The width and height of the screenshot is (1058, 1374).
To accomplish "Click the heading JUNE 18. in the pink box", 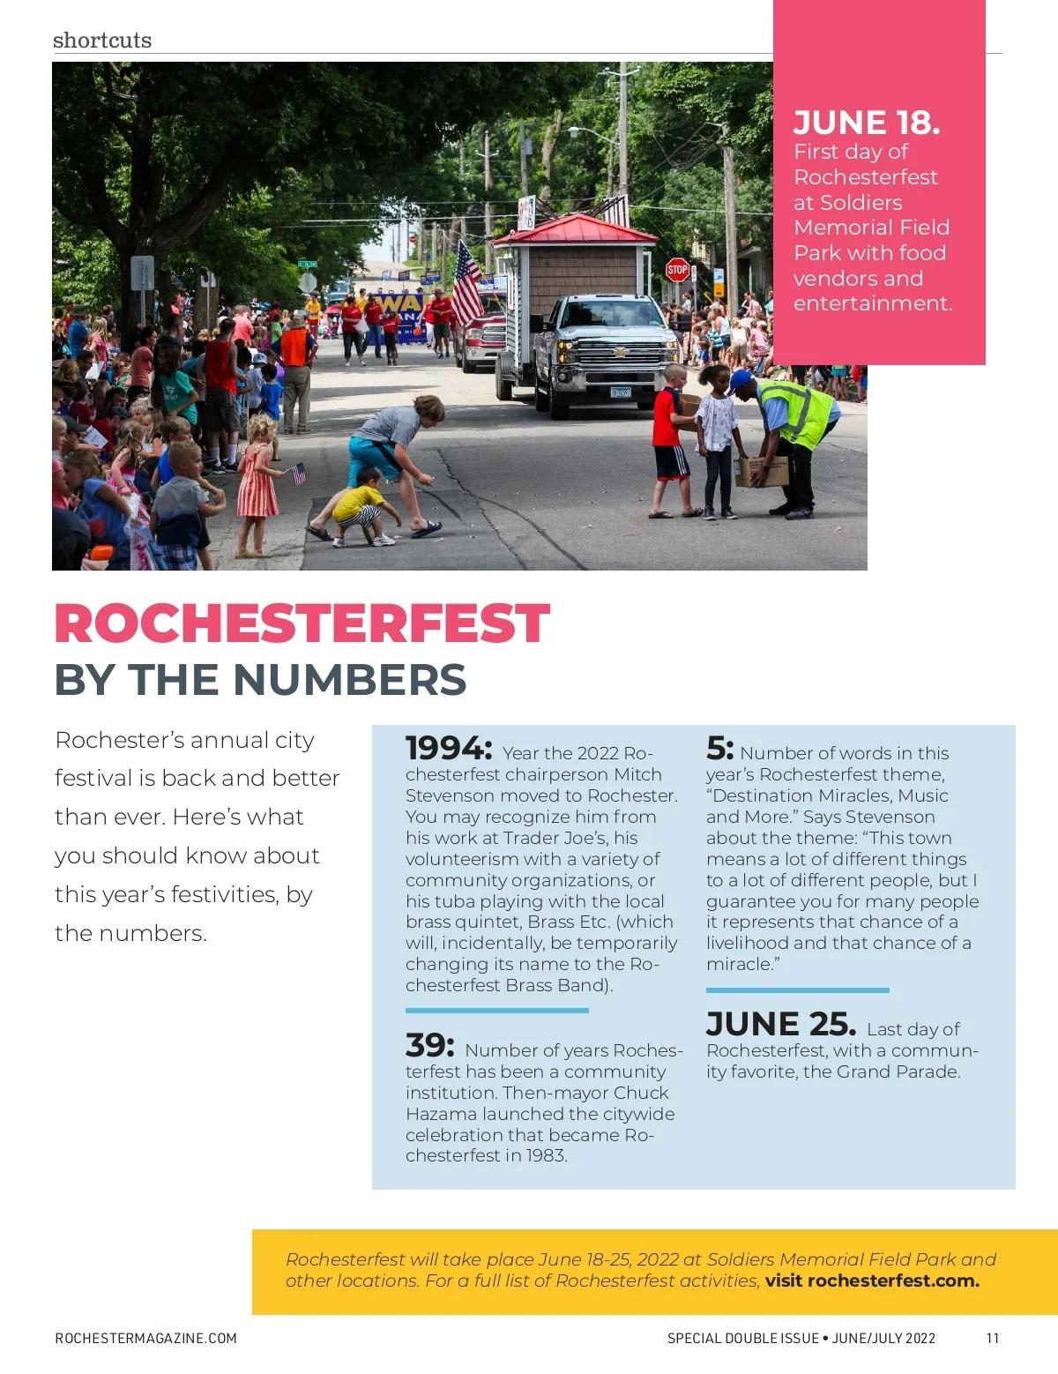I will (x=866, y=123).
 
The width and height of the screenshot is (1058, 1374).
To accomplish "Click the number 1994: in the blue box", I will (x=448, y=749).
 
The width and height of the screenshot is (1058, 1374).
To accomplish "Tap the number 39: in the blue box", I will (x=429, y=1046).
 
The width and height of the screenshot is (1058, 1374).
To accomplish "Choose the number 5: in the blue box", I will (x=719, y=749).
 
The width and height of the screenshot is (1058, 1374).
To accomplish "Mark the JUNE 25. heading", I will (x=780, y=1025).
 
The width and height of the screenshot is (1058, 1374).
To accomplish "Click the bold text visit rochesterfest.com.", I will (x=872, y=1281).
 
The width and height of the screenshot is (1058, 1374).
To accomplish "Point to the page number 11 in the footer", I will (x=993, y=1338).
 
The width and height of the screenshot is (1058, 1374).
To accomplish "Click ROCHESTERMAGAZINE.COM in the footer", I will (x=145, y=1338).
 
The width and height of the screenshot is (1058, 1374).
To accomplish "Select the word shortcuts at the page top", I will (x=102, y=40).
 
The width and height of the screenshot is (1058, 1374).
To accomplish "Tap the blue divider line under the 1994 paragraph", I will (x=496, y=1010).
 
